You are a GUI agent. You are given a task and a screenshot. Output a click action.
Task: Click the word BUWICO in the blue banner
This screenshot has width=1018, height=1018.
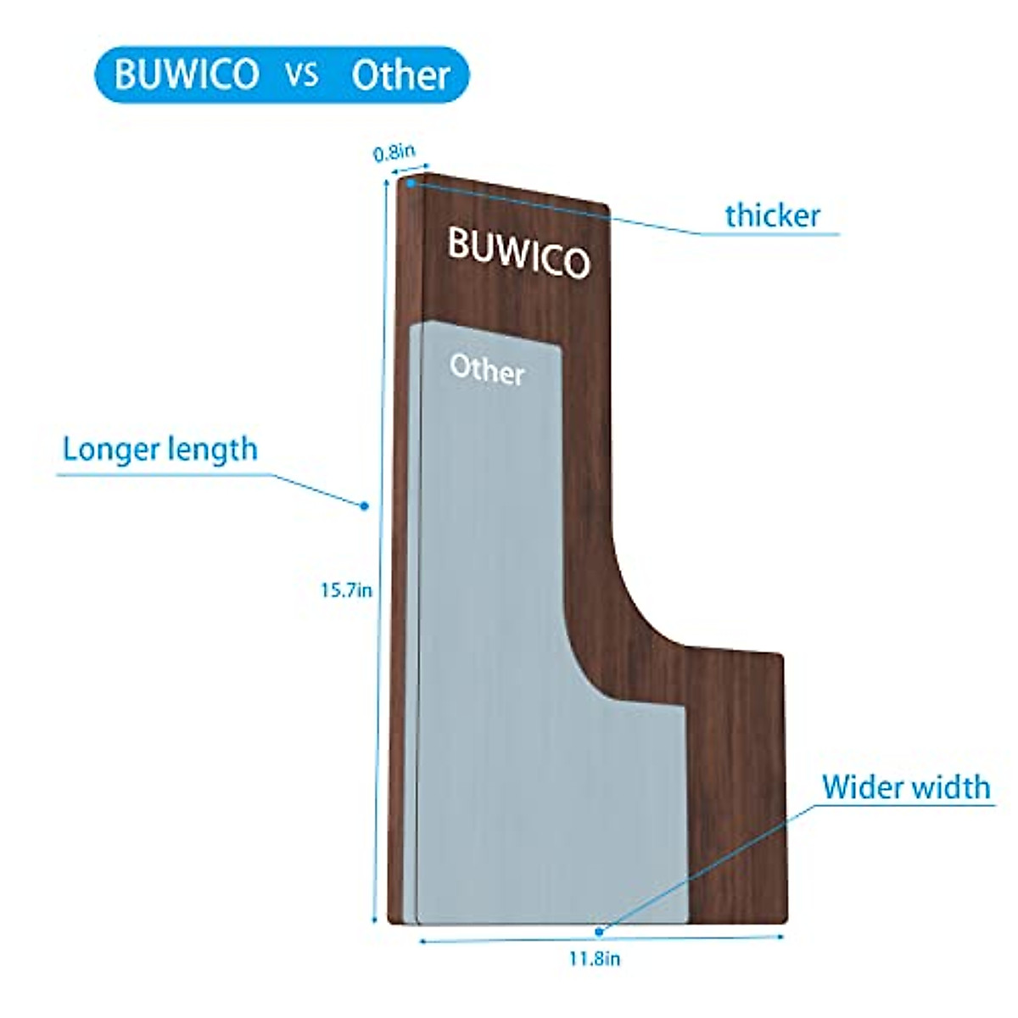[186, 75]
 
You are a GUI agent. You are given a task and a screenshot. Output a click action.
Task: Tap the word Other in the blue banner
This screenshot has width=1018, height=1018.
[400, 76]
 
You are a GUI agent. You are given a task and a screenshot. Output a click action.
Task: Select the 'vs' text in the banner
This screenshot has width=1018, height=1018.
[302, 75]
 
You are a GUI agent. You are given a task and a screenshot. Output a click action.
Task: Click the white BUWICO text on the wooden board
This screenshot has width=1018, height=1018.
[517, 252]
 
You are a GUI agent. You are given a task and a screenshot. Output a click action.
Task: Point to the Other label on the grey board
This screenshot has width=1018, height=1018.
[487, 371]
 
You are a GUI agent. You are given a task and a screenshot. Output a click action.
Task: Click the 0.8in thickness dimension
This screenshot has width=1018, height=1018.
[394, 153]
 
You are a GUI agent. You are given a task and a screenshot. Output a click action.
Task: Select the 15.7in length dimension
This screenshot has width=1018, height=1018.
[345, 590]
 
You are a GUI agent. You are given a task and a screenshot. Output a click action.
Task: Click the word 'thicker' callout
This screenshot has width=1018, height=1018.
[773, 215]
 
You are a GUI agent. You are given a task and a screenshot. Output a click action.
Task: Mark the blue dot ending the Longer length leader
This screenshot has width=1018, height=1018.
[364, 506]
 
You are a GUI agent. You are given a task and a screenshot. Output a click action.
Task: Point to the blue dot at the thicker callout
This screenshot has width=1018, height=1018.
[411, 182]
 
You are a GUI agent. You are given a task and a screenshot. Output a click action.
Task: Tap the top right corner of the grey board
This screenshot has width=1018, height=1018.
[557, 347]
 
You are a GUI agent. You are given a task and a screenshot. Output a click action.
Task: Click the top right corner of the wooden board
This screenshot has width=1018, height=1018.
[606, 208]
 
